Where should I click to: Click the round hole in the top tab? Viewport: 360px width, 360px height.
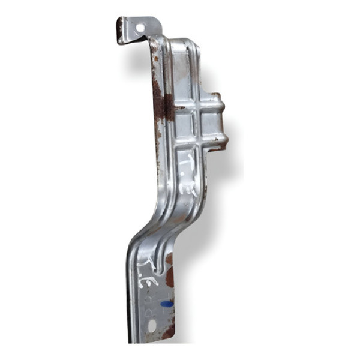click(140, 27)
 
